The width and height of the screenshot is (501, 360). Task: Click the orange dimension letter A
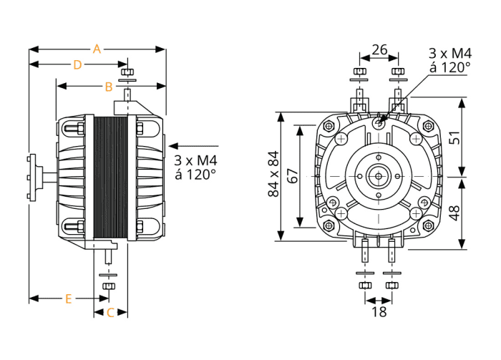97,49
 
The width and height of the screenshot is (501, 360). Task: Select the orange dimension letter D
78,64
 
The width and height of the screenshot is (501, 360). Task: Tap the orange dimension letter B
109,87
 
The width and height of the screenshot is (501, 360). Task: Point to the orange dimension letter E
69,298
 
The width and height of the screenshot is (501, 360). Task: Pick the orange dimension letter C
110,312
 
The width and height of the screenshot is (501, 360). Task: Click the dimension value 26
379,49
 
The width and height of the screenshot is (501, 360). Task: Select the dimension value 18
379,311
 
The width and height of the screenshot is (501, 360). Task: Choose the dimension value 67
292,175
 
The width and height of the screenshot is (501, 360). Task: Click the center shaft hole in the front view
377,175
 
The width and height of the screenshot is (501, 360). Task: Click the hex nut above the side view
127,72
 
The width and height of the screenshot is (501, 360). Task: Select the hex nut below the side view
109,286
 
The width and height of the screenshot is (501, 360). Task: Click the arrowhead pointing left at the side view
169,143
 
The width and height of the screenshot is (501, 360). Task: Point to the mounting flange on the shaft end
30,177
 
